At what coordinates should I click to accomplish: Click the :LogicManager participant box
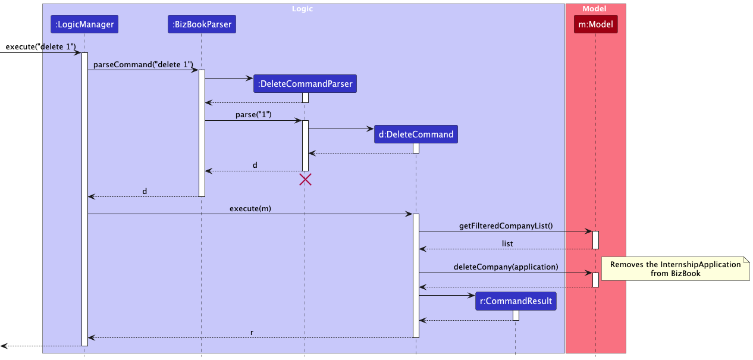coord(84,24)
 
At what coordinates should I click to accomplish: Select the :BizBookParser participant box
coord(202,24)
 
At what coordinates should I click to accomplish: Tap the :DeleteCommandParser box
coord(305,84)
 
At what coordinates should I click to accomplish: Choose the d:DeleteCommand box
coord(416,134)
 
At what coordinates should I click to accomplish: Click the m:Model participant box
coord(595,24)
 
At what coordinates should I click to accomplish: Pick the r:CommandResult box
coord(516,301)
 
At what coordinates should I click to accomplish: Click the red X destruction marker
coord(305,179)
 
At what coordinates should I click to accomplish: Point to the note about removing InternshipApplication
coord(675,269)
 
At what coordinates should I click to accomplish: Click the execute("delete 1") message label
coord(40,46)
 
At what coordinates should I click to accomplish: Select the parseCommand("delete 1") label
coord(143,64)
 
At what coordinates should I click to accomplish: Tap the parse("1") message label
coord(253,115)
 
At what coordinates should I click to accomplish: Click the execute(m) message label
coord(250,208)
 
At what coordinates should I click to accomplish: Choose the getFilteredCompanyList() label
coord(506,226)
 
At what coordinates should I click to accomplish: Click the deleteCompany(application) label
coord(506,267)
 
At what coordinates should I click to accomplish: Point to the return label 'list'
coord(507,243)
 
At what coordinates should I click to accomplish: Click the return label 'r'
coord(252,333)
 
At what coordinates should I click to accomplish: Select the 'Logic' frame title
coord(302,9)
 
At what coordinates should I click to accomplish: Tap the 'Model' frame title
coord(594,9)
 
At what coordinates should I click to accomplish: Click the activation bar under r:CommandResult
coord(516,315)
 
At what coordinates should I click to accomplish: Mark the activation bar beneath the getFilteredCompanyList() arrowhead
coord(595,240)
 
